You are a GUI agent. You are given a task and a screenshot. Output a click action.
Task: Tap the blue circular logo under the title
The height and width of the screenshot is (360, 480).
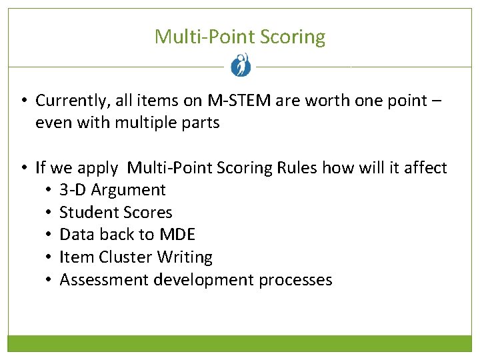(x=240, y=65)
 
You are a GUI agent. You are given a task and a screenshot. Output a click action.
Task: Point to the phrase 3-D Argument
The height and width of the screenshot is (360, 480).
(x=113, y=190)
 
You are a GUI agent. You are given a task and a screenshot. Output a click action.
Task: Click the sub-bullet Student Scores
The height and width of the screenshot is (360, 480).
(x=116, y=213)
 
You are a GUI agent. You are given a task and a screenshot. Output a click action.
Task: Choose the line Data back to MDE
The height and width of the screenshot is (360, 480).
(x=127, y=235)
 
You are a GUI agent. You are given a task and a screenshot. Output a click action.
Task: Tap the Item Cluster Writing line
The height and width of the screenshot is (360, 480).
(x=136, y=257)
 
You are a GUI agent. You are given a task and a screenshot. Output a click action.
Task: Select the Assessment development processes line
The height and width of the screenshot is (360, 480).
(x=196, y=280)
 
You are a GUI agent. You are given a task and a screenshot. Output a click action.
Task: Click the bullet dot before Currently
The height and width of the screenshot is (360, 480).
(x=23, y=101)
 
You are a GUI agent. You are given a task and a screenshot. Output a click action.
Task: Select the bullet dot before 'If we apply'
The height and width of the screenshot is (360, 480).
(x=23, y=168)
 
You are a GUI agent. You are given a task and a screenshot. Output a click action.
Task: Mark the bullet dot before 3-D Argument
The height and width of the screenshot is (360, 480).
(x=49, y=190)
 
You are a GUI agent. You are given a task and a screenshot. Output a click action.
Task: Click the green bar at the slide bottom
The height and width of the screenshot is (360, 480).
(x=240, y=343)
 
